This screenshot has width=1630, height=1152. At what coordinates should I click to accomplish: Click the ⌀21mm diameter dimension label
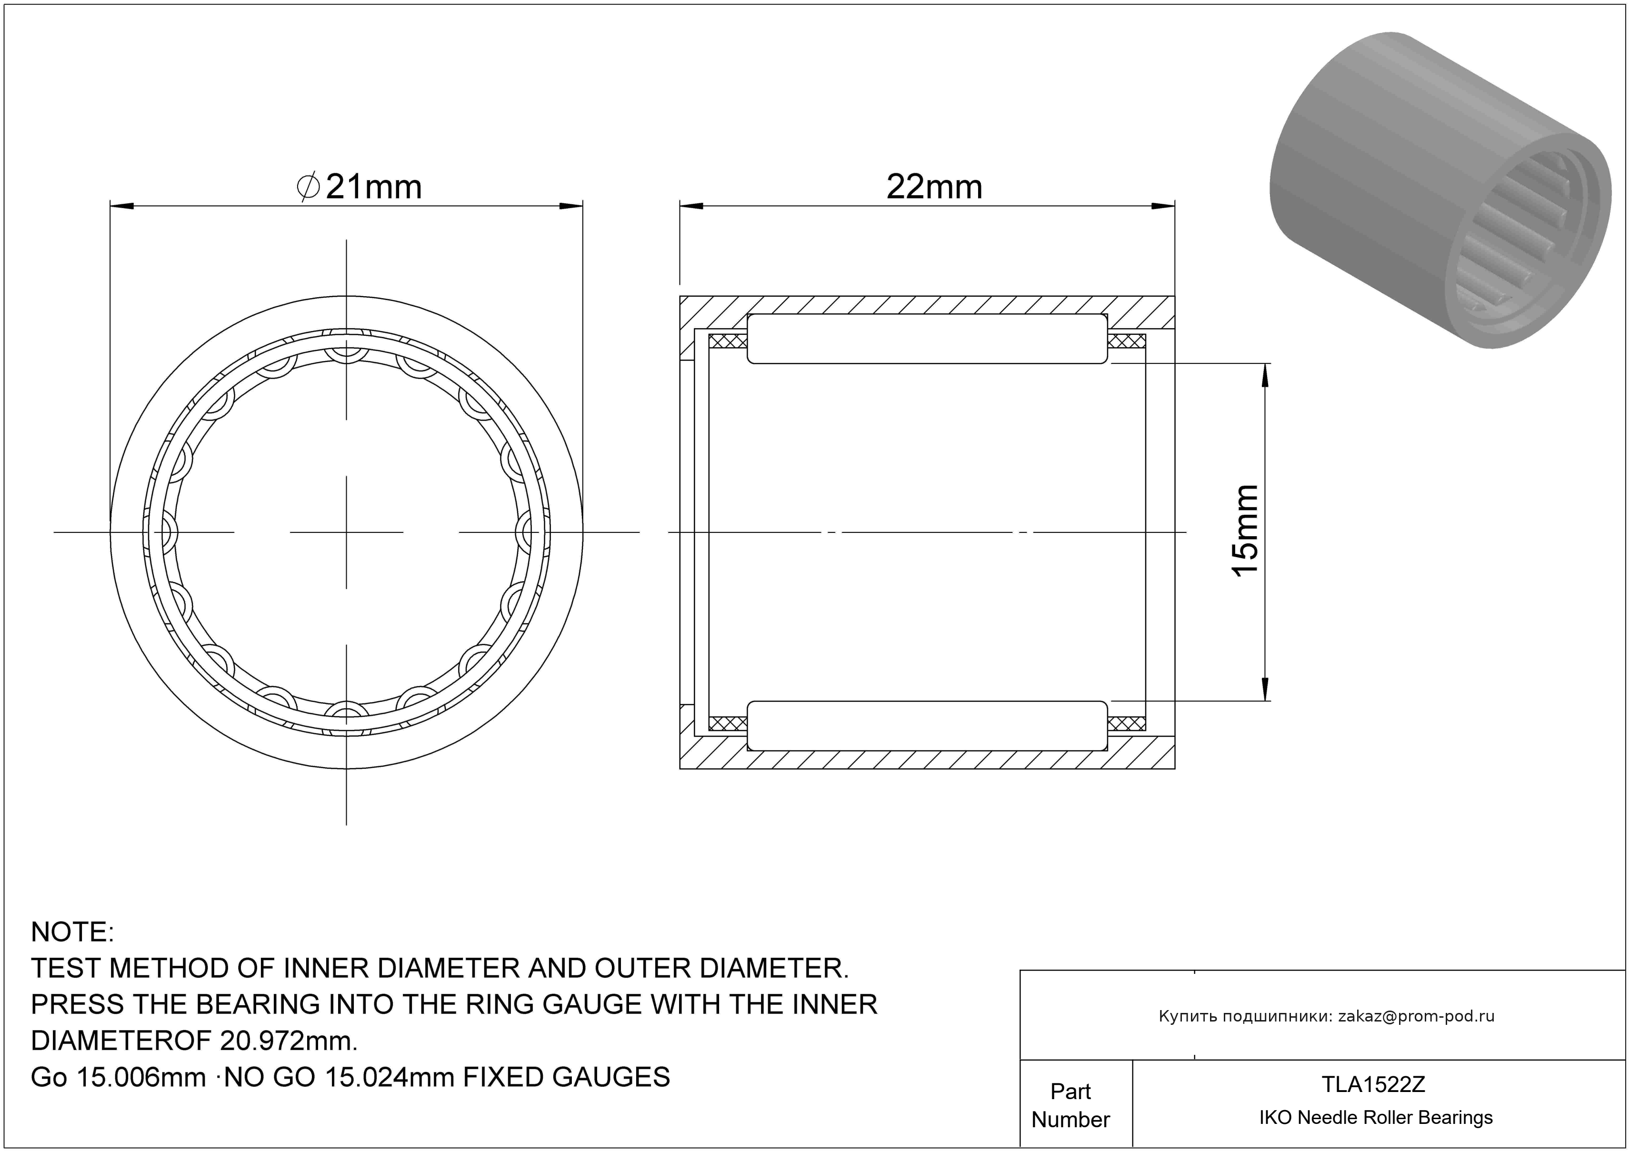coord(359,187)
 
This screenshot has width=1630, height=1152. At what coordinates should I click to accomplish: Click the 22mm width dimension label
coord(934,187)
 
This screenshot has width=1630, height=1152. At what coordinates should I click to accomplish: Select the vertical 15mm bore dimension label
coord(1246,531)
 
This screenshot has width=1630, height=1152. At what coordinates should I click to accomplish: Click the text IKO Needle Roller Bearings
coord(1376,1118)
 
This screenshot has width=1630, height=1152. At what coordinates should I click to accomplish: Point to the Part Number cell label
coord(1070,1105)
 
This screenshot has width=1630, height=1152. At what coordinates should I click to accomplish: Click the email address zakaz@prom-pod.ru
coord(1416,1016)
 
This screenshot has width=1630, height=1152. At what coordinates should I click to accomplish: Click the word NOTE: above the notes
coord(72,932)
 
